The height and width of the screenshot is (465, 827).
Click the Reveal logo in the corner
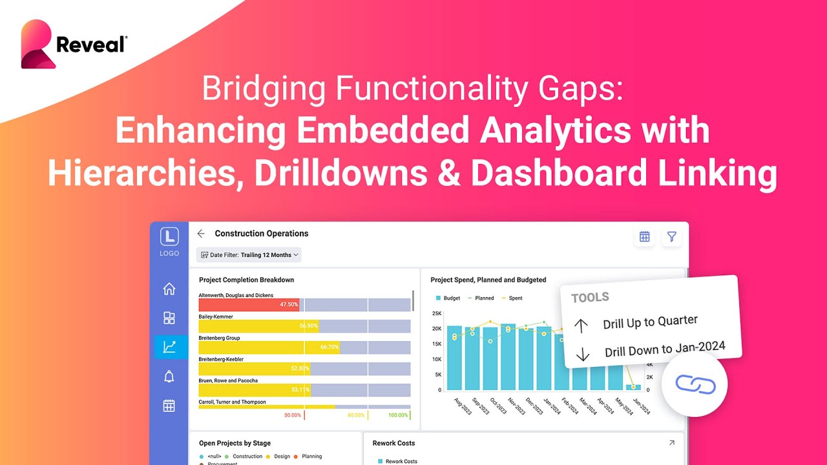point(74,44)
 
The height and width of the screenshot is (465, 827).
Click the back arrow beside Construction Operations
point(201,234)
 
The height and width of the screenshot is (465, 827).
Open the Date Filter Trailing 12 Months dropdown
point(249,255)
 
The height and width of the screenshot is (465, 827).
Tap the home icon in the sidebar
point(169,289)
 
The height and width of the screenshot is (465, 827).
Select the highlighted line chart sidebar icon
point(169,347)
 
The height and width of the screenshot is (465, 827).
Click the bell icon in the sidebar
point(169,377)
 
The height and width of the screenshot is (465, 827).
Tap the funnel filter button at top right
point(672,237)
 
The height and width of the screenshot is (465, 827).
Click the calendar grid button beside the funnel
point(644,237)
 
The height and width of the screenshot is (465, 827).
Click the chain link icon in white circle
point(695,384)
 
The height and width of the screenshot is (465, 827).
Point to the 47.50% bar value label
point(289,304)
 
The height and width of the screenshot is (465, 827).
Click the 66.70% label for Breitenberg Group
point(329,347)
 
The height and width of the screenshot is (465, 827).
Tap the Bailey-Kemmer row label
point(216,317)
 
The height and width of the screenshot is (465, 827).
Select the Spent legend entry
point(512,298)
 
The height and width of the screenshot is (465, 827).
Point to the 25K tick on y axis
point(436,314)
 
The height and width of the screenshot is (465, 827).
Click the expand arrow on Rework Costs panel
point(672,443)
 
